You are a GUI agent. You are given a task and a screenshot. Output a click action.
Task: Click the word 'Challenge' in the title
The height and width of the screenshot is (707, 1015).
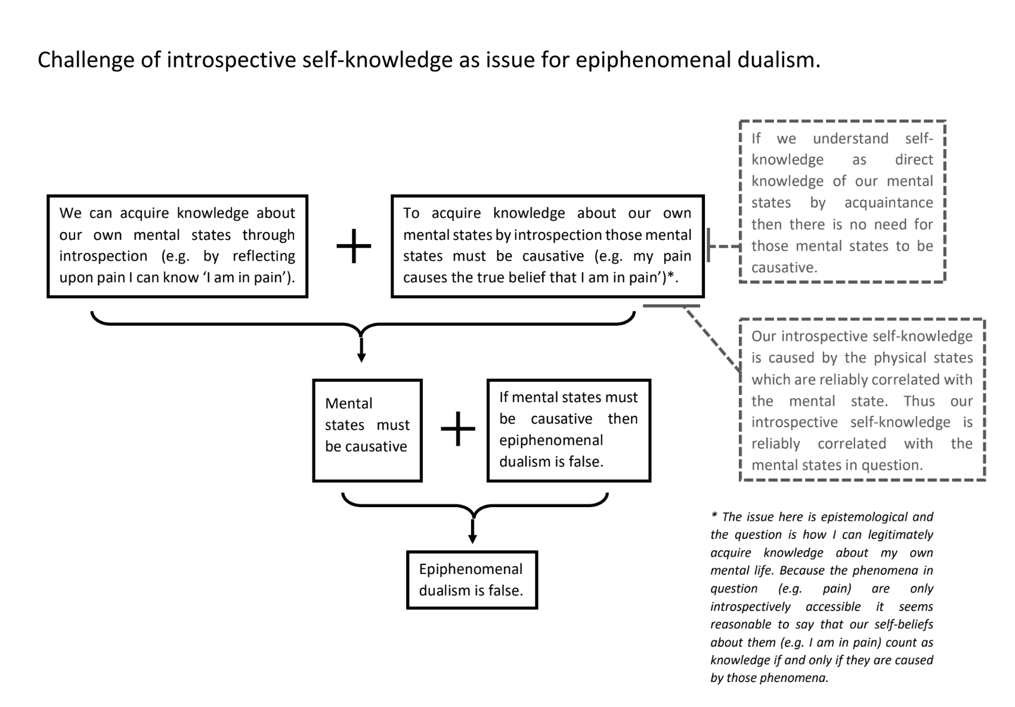click(85, 60)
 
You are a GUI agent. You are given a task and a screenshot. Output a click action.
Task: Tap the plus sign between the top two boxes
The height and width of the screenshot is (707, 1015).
click(354, 246)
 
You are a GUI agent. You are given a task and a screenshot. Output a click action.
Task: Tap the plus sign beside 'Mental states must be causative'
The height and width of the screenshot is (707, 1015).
click(457, 429)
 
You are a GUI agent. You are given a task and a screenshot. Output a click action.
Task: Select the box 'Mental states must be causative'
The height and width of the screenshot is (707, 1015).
click(367, 430)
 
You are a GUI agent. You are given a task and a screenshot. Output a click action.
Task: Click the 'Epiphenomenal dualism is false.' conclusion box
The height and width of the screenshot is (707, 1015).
click(472, 579)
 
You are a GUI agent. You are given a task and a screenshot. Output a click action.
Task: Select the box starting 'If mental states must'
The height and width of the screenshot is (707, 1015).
click(568, 430)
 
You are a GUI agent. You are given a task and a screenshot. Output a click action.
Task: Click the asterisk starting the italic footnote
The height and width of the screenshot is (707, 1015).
click(714, 515)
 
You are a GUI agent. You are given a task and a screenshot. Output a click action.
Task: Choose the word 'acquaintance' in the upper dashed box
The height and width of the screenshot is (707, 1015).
click(888, 203)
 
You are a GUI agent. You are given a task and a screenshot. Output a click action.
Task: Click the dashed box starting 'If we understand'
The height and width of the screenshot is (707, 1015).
click(842, 202)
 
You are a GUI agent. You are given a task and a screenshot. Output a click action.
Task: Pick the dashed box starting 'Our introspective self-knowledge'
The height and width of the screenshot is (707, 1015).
click(862, 400)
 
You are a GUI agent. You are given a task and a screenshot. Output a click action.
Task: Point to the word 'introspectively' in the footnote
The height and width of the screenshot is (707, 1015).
click(750, 606)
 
